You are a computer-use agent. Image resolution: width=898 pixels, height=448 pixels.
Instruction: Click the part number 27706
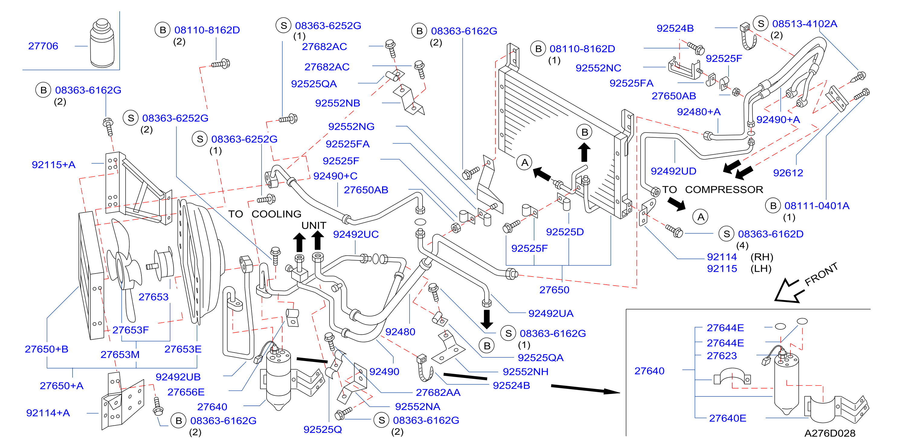pos(43,46)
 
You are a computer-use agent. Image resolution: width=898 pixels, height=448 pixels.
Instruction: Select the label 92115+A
pos(53,165)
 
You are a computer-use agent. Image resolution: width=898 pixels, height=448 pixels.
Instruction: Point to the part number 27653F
pos(130,330)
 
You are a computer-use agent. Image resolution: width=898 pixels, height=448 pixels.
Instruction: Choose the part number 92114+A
pos(48,413)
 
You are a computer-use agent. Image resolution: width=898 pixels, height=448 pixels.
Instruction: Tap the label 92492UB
pos(178,377)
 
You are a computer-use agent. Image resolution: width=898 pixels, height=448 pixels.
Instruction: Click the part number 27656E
pos(186,392)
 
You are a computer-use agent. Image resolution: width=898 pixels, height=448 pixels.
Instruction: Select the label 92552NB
pos(337,103)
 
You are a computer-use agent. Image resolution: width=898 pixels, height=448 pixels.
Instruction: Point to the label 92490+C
pos(335,176)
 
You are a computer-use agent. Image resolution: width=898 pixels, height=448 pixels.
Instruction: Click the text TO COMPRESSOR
pos(713,190)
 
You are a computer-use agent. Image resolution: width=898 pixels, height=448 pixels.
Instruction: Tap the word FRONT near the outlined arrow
pos(821,274)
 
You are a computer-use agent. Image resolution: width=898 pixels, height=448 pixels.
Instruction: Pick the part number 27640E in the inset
pos(728,418)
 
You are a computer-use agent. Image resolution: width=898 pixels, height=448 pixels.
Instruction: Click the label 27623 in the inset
pos(722,356)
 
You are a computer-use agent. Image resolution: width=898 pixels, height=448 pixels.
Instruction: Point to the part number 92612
pos(788,173)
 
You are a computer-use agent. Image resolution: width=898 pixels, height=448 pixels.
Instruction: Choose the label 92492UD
pos(673,171)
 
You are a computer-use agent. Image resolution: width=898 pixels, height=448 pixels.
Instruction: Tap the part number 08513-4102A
pos(805,24)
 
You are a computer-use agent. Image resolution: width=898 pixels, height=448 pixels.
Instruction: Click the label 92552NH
pos(525,372)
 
